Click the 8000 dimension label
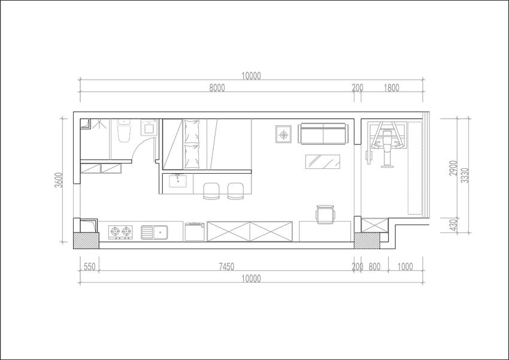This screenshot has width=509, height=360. click(x=217, y=87)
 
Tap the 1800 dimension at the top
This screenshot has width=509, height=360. click(x=392, y=87)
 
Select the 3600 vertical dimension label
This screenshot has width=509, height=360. click(x=59, y=180)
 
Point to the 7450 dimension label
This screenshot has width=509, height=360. click(x=226, y=267)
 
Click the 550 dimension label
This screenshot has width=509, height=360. click(x=90, y=267)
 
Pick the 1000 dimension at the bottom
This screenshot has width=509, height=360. click(x=405, y=267)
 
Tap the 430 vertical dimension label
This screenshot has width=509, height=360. click(x=453, y=225)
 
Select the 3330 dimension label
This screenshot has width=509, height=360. click(x=465, y=176)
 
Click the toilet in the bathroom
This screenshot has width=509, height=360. click(x=124, y=131)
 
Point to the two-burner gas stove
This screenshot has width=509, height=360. click(x=120, y=232)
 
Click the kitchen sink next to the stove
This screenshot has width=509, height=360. click(x=154, y=232)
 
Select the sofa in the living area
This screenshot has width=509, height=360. click(x=323, y=134)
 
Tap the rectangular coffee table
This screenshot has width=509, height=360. click(x=323, y=162)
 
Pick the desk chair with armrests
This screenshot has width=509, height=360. click(x=325, y=214)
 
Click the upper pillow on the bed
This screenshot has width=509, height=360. click(x=192, y=132)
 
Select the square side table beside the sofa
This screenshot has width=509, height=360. click(x=284, y=134)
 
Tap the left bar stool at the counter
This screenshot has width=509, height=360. click(x=211, y=191)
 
